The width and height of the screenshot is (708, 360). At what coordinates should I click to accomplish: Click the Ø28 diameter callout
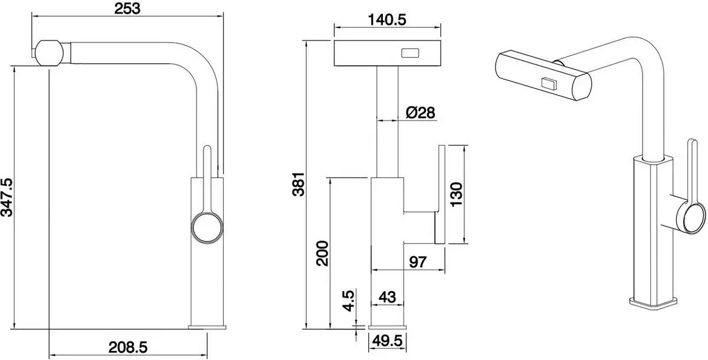tap(421, 112)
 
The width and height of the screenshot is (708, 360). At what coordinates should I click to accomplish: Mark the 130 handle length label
tap(460, 193)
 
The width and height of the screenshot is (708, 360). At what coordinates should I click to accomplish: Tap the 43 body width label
tap(386, 297)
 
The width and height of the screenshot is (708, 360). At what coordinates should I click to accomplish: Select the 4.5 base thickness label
tap(349, 300)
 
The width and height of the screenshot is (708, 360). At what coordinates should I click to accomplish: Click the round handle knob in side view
tap(207, 227)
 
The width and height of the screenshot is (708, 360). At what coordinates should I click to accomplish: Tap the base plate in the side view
tap(207, 326)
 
